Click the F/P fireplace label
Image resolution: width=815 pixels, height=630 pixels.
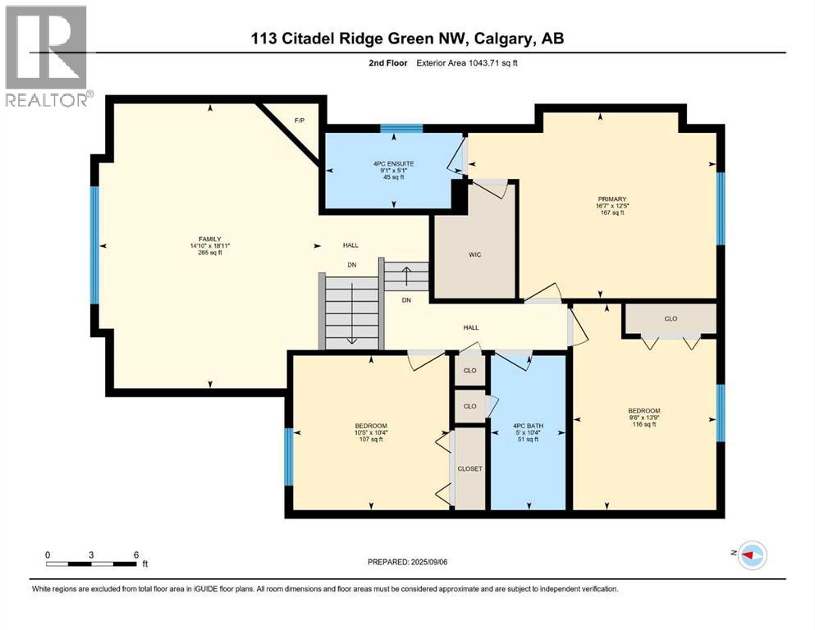[300, 121]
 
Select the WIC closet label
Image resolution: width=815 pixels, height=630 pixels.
[474, 255]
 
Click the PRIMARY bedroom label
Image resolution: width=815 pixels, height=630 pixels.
[612, 199]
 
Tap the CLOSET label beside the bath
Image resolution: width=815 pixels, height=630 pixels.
[470, 468]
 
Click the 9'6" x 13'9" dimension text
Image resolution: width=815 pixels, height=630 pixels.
[643, 418]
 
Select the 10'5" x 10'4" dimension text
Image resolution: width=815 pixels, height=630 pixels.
[371, 432]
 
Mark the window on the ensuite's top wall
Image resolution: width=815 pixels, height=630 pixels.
[401, 127]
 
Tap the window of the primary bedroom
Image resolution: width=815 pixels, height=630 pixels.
[720, 208]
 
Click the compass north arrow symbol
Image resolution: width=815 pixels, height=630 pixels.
[751, 555]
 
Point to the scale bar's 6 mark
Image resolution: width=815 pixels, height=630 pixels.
[135, 554]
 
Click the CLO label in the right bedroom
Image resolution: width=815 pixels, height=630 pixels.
[671, 318]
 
